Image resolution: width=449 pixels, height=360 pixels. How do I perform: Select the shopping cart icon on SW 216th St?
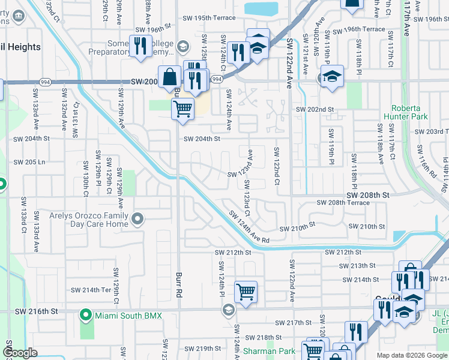click(246, 292)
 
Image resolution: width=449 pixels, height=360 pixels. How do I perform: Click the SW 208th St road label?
click(368, 195)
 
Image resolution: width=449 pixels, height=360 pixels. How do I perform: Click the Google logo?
click(20, 353)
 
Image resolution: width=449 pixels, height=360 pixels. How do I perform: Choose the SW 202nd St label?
click(315, 109)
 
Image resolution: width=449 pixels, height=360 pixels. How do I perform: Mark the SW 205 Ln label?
click(29, 162)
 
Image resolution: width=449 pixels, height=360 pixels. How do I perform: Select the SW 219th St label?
click(204, 348)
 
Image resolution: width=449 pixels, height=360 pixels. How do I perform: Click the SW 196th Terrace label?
click(358, 29)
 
